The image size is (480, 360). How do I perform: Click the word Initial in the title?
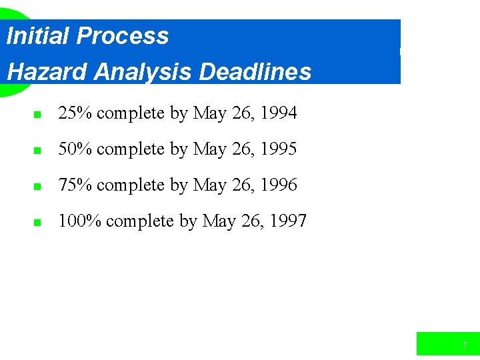(x=37, y=35)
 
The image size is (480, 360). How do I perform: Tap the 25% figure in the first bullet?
(x=75, y=113)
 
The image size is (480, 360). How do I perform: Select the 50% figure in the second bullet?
(x=75, y=149)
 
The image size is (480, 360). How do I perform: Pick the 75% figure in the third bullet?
(x=75, y=185)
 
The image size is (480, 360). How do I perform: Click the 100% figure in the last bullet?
(x=79, y=221)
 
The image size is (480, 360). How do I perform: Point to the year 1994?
(x=279, y=113)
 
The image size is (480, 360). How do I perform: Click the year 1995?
(x=279, y=149)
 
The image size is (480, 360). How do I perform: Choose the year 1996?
(x=279, y=185)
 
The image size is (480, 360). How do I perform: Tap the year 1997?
(x=288, y=221)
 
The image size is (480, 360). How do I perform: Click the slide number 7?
(x=465, y=345)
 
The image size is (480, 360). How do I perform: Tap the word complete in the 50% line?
(x=131, y=149)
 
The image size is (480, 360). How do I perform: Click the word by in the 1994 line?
(x=179, y=114)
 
